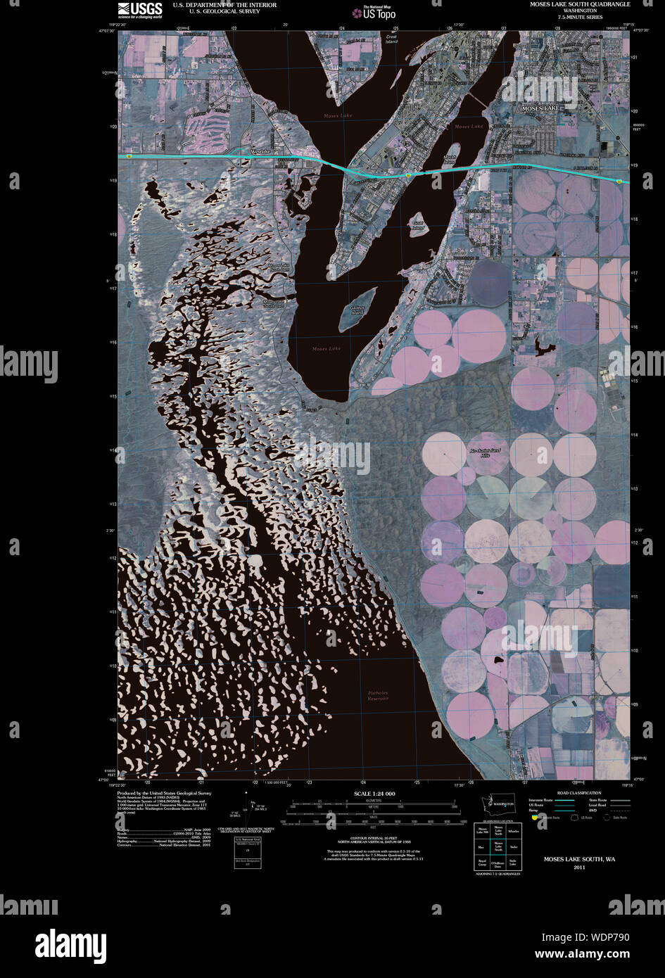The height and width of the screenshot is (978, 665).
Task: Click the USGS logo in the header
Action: click(139, 9)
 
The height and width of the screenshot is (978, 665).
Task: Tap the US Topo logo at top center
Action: click(374, 12)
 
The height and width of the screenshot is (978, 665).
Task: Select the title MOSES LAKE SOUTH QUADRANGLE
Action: click(580, 4)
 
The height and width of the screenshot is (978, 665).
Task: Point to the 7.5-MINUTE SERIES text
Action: click(580, 17)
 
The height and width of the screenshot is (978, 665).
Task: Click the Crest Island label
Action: click(391, 39)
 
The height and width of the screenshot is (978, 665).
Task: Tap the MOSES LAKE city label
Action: click(540, 108)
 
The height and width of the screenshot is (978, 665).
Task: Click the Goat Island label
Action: click(419, 226)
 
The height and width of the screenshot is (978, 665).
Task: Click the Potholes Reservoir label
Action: click(378, 695)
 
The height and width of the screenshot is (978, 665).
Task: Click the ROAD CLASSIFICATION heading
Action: click(578, 793)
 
